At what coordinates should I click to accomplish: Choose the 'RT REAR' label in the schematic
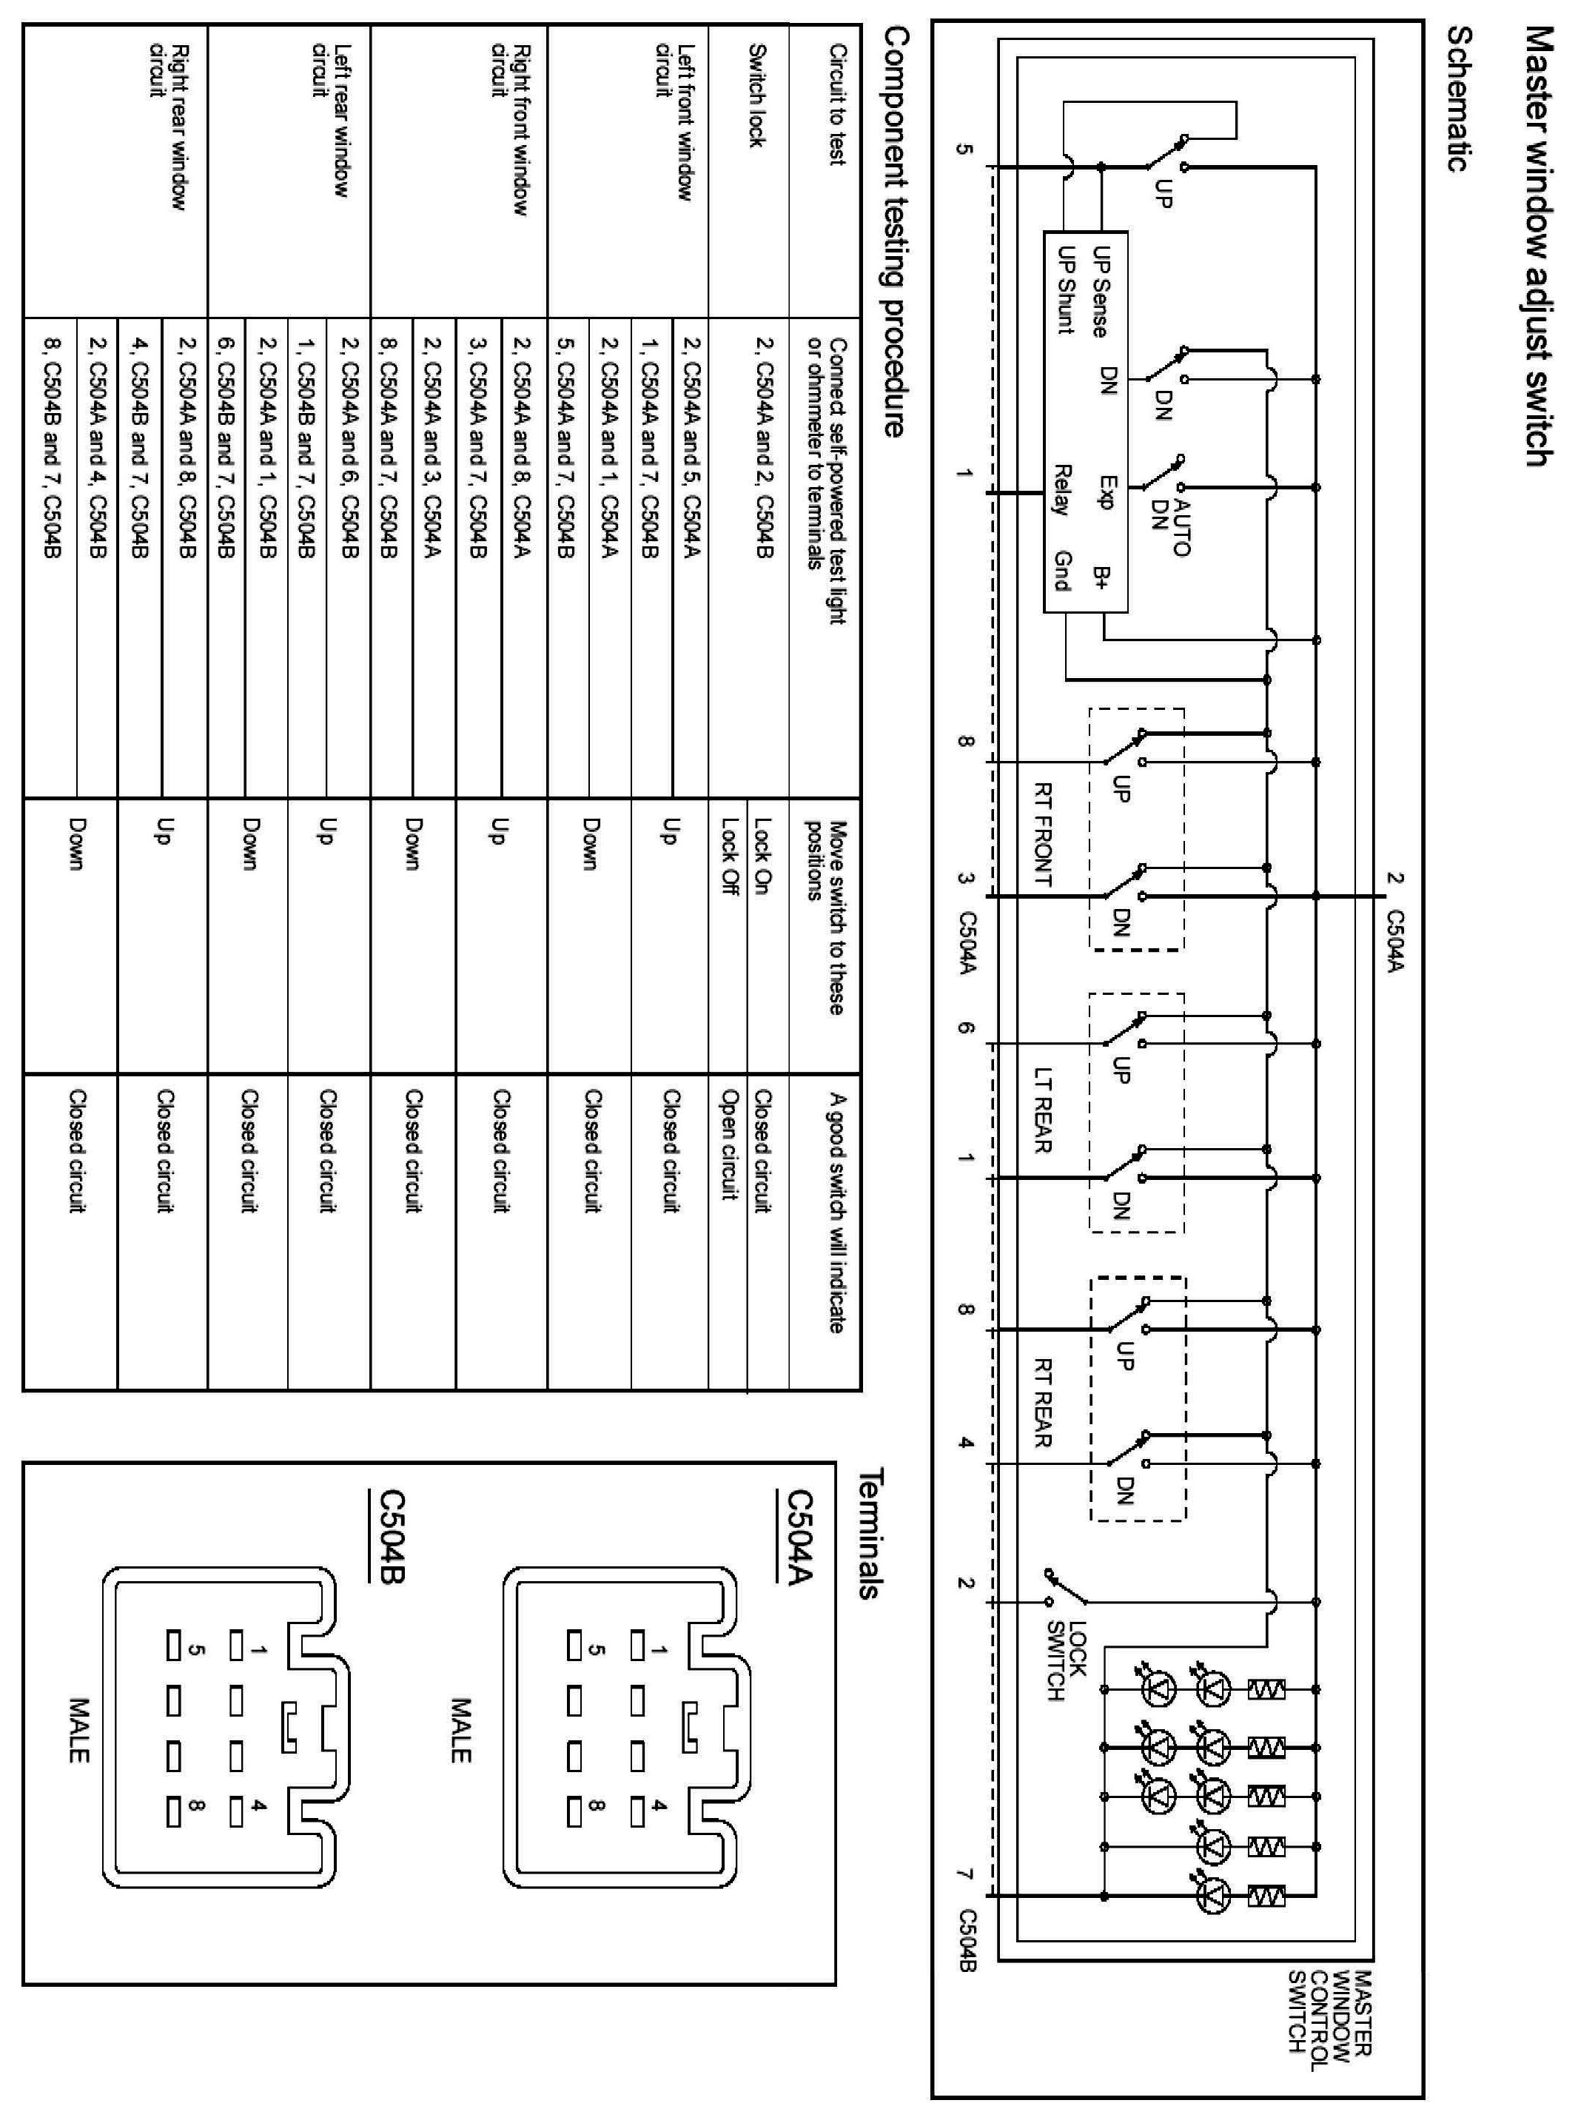point(1043,1403)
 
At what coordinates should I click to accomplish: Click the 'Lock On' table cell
point(763,855)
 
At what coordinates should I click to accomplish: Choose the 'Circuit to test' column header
point(838,104)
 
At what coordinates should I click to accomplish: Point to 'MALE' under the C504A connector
point(460,1729)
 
